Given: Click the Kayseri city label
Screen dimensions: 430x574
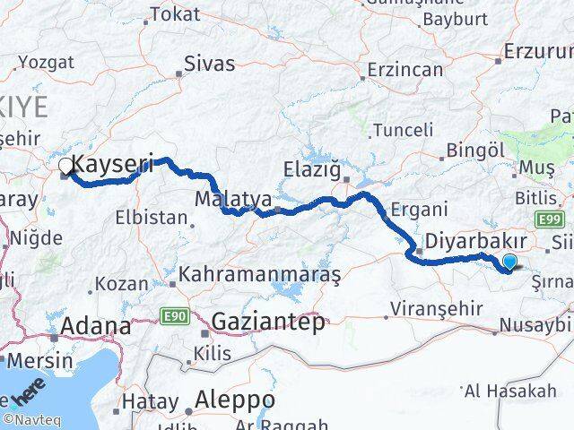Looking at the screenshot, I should point(113,164).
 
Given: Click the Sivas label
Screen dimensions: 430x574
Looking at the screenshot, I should point(209,64).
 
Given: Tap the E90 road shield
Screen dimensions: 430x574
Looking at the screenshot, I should point(174,315).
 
